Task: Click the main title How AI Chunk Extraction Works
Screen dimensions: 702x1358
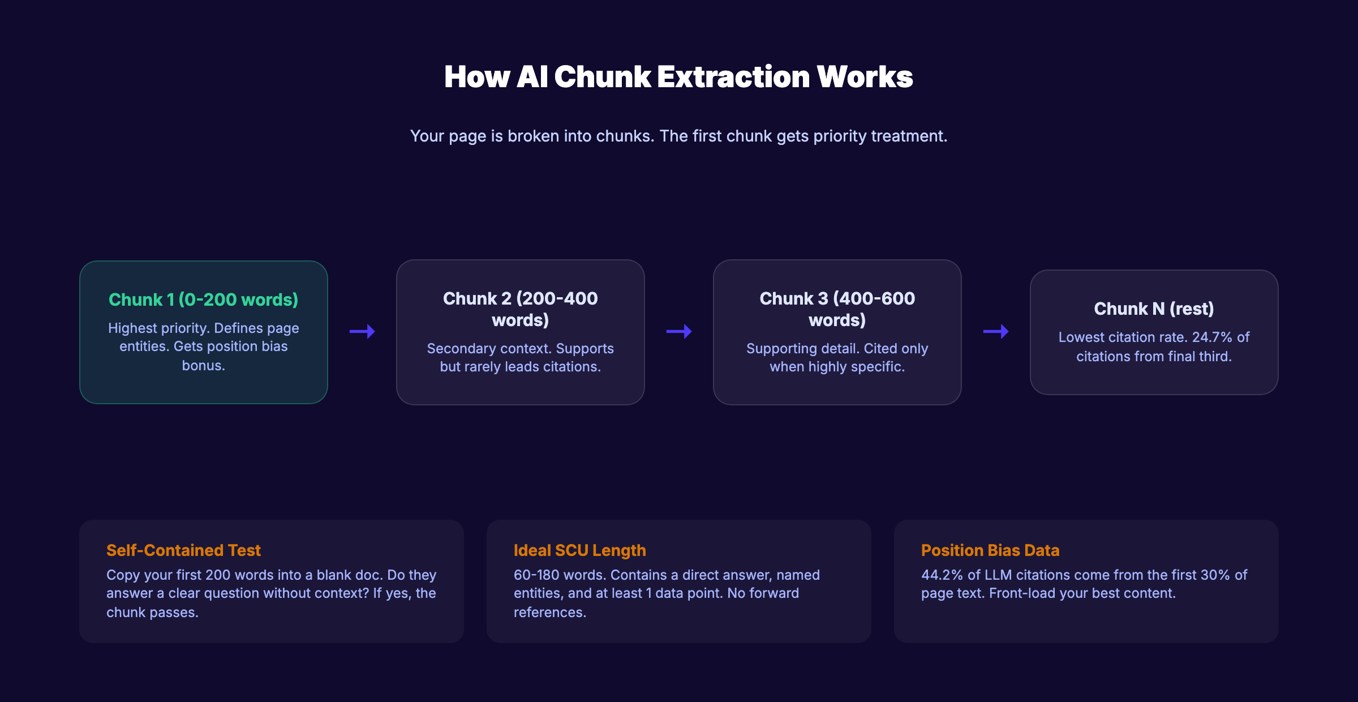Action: coord(678,77)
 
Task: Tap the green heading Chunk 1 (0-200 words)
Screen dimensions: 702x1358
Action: coord(203,299)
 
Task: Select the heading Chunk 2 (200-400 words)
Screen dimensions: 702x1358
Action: coord(520,309)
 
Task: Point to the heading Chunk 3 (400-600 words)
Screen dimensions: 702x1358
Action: coord(837,309)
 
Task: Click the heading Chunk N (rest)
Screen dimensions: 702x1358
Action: coord(1154,309)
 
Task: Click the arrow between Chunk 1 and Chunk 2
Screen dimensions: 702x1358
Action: coord(362,331)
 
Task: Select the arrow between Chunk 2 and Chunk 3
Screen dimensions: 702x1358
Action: coord(679,331)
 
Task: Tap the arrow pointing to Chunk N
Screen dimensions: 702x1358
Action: coord(996,331)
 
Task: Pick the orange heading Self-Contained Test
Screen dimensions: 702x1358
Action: coord(183,550)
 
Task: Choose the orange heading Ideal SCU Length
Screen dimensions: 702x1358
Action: coord(579,550)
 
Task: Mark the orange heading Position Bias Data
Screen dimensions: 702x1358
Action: coord(990,550)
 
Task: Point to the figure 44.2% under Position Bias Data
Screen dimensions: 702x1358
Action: coord(942,575)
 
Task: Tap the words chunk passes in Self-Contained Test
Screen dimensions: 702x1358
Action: coord(152,613)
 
